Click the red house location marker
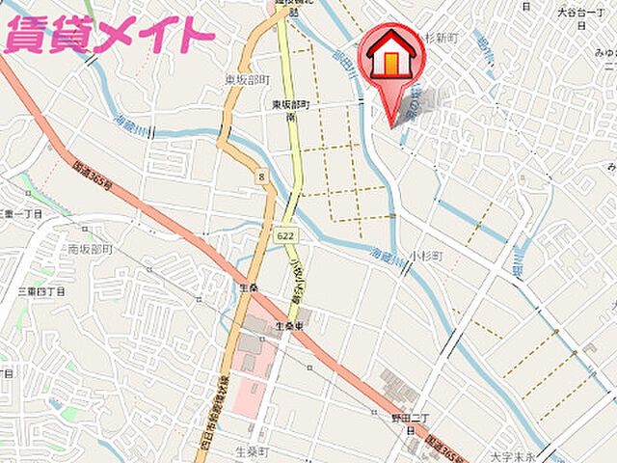coord(390,60)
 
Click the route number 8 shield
coord(261,177)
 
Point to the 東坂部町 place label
coord(249,80)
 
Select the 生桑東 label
coord(290,326)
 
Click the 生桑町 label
coord(252,450)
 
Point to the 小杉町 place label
coord(424,256)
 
